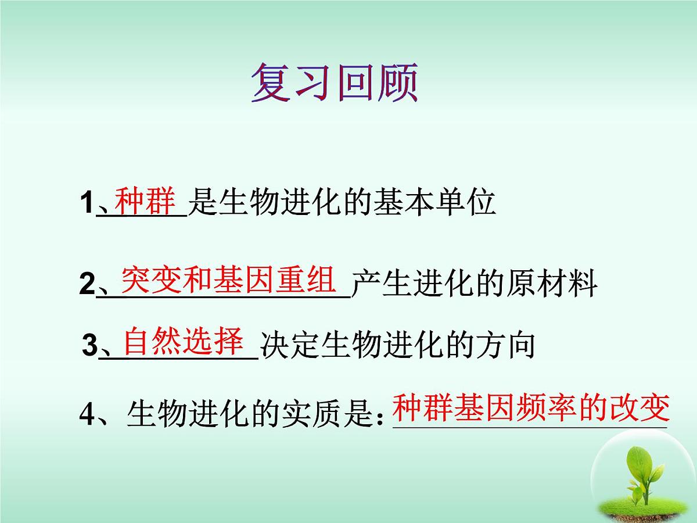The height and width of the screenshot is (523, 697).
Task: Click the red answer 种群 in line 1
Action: pyautogui.click(x=145, y=200)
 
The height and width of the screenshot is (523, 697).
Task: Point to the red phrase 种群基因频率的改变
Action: pyautogui.click(x=531, y=408)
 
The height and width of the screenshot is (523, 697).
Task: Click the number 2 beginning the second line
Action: pyautogui.click(x=87, y=286)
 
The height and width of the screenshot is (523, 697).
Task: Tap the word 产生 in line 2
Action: pyautogui.click(x=382, y=285)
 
